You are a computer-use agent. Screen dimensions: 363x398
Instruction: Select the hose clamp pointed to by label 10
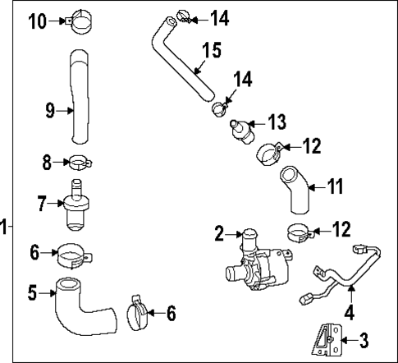pyautogui.click(x=84, y=21)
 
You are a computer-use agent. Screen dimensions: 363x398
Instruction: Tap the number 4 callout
pyautogui.click(x=349, y=312)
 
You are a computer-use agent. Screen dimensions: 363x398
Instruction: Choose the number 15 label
pyautogui.click(x=211, y=51)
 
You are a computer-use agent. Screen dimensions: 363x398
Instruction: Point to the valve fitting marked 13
pyautogui.click(x=240, y=131)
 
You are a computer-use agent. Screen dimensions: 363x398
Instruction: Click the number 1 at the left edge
pyautogui.click(x=4, y=226)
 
